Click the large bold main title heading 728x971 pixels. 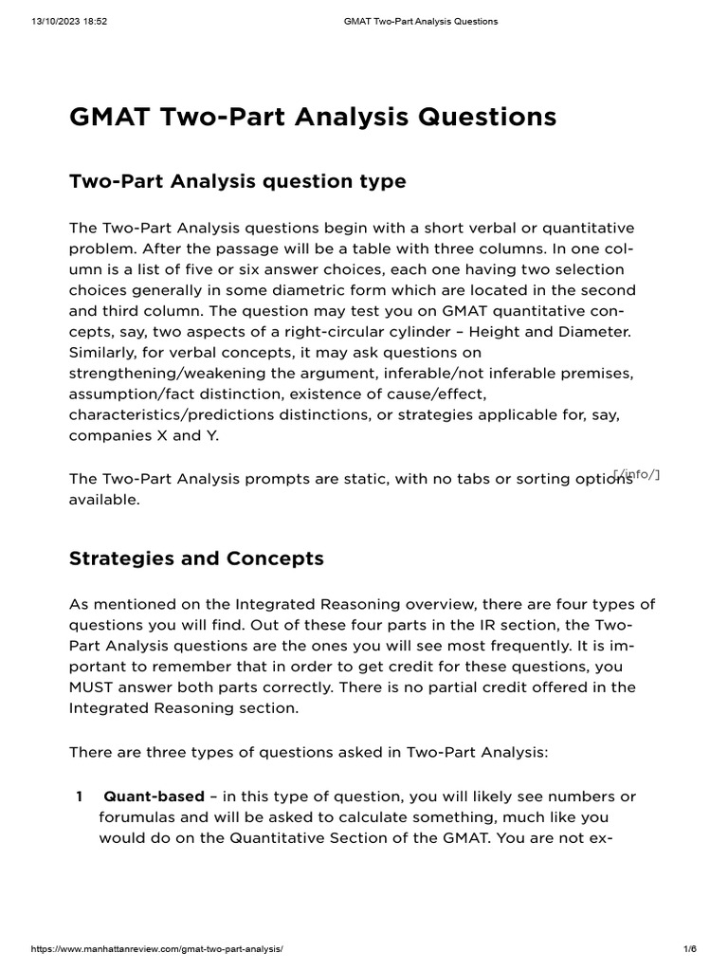tap(313, 117)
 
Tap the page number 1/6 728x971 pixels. tap(689, 949)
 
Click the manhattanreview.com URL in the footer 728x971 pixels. tap(157, 949)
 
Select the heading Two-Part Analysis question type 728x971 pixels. tap(237, 181)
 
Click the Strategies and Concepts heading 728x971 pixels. tap(196, 559)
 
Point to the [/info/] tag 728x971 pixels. tap(636, 473)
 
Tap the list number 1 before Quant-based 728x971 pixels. tap(80, 796)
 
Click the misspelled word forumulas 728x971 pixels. tap(136, 816)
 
